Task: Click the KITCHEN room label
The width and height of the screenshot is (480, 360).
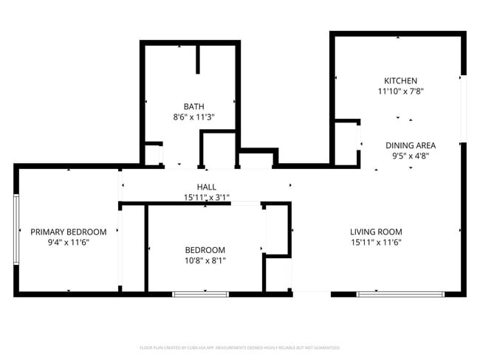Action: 400,80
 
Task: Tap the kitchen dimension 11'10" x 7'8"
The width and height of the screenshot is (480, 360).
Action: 400,91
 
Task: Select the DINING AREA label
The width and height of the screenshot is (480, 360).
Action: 410,145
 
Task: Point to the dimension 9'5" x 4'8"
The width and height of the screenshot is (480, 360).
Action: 410,156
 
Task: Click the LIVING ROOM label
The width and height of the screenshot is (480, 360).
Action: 376,231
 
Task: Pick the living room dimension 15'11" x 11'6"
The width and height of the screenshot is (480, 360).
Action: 376,242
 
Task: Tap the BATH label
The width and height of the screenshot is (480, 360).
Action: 194,105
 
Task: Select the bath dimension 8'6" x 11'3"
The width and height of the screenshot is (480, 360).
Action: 194,117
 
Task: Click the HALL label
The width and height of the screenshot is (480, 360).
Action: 206,187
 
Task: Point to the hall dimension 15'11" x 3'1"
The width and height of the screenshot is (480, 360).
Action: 207,198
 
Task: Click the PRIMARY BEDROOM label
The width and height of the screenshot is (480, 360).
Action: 68,231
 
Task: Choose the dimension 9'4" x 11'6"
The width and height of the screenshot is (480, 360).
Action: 68,242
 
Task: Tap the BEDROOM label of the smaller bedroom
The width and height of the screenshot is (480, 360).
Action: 205,249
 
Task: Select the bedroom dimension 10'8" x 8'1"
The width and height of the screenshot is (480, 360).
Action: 205,260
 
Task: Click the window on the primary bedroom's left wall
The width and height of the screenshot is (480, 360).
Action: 16,229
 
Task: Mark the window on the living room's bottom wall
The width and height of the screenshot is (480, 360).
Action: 401,294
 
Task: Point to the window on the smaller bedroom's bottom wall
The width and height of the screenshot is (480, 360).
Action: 200,294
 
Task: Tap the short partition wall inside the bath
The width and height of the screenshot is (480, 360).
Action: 198,59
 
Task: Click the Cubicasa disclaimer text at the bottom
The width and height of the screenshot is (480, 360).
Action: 239,347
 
